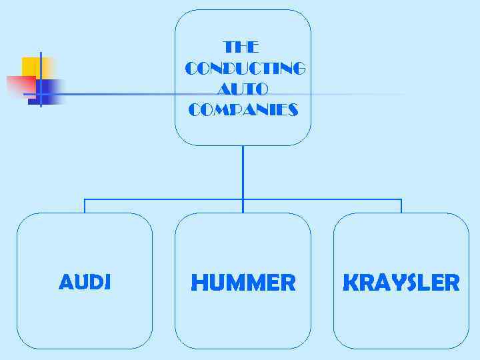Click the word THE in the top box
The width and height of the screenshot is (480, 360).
(x=241, y=47)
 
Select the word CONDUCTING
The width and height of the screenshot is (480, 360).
(x=245, y=69)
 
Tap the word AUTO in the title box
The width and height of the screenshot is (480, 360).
(x=243, y=89)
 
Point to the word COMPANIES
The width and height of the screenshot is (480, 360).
(x=243, y=110)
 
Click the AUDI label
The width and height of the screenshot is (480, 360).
(x=85, y=283)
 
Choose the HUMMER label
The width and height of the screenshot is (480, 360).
(x=243, y=283)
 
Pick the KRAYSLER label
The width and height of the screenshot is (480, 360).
(x=401, y=283)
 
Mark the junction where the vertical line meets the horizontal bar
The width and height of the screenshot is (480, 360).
(x=243, y=199)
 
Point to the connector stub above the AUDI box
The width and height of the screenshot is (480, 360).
(x=85, y=206)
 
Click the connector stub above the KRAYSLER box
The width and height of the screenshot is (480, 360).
(x=401, y=206)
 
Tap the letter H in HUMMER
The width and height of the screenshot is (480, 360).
(x=199, y=283)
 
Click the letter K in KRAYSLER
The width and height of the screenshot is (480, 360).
(x=350, y=283)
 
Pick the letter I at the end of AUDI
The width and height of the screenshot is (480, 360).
(x=107, y=283)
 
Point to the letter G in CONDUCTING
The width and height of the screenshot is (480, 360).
(x=298, y=69)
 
